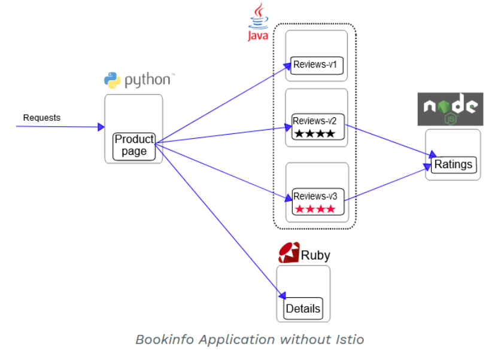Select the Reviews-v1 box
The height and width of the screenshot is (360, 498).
pos(317,65)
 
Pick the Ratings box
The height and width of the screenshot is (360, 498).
pos(453,164)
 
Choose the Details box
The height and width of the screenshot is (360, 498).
pos(303,309)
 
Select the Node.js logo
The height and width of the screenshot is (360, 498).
pos(450,109)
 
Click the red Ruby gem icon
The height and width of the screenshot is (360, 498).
pos(289,254)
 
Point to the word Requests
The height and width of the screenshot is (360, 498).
pos(42,118)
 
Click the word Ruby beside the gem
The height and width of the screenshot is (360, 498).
pos(315,255)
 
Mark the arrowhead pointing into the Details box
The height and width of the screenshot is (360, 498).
pos(282,295)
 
